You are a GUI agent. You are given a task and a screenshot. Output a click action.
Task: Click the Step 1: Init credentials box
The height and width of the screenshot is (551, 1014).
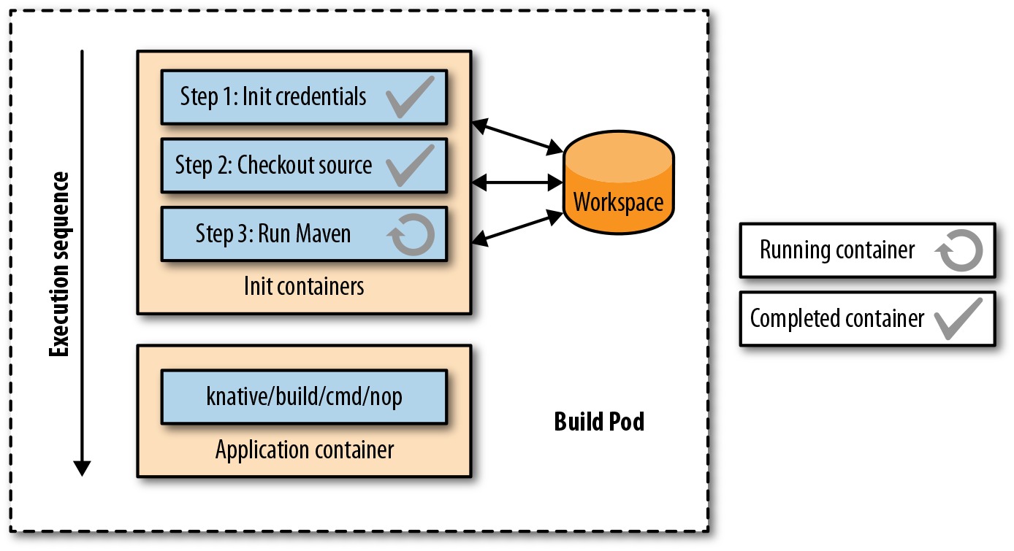point(304,97)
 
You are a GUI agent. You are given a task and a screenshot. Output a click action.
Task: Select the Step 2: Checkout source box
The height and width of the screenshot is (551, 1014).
point(304,166)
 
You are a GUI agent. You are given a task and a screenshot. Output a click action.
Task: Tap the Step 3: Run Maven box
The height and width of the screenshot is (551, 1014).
point(304,234)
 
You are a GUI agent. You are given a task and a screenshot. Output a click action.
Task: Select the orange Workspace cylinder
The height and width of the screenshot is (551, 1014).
point(618,182)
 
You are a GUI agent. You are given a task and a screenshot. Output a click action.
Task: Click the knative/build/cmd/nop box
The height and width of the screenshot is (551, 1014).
point(304,397)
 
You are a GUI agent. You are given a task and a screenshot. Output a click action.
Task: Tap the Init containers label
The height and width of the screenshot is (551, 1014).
point(304,286)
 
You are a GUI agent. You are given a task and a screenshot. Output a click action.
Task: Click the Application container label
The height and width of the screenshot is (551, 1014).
point(305,450)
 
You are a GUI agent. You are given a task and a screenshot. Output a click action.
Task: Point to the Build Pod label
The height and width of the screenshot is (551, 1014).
point(599,422)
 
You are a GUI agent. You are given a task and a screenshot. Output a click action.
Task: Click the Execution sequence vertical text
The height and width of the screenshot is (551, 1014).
point(59,264)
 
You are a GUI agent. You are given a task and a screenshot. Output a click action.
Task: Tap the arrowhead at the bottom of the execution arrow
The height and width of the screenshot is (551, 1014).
point(82,469)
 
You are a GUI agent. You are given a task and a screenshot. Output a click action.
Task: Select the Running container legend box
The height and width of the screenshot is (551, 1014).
point(867,250)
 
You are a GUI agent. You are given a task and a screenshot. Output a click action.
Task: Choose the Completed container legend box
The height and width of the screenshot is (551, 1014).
point(867,318)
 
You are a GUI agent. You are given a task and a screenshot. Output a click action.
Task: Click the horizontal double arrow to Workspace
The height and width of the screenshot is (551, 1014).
point(517,182)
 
